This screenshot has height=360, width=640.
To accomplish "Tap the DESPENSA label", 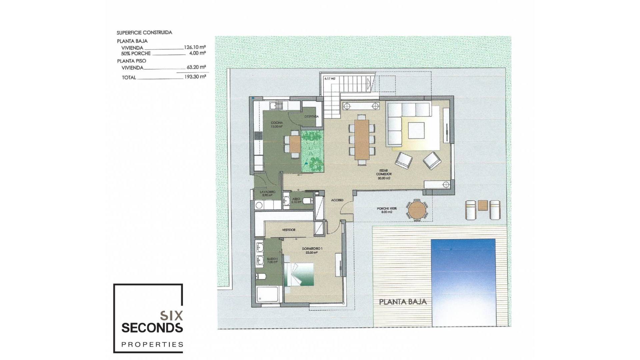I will coord(311,117).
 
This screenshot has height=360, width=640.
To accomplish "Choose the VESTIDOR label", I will coord(289,230).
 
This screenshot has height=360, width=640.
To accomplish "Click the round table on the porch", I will coord(416,210).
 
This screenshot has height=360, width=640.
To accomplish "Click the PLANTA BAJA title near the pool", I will coord(403,302).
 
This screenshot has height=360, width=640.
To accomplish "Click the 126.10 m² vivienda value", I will coord(195,47).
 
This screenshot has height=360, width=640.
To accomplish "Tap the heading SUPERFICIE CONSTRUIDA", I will coord(144,33).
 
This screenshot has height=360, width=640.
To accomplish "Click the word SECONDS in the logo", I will coord(152,328).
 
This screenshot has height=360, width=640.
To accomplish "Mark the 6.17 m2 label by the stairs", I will coord(330,79).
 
